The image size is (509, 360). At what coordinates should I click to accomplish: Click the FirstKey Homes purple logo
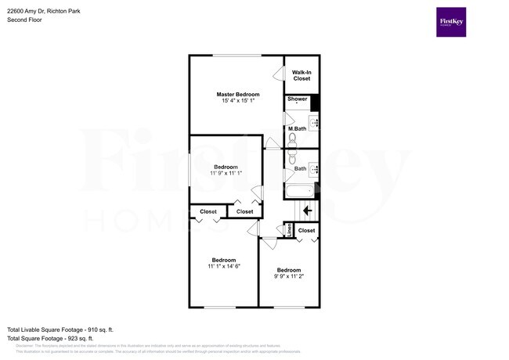450,22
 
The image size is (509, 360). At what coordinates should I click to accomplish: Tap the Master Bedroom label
237,94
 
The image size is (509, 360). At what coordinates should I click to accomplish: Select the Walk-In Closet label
301,75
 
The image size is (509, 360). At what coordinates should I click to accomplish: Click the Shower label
297,99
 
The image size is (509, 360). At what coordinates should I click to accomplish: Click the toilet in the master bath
292,140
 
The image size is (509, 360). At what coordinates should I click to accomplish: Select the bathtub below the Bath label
300,190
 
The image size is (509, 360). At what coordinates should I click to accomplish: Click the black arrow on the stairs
308,210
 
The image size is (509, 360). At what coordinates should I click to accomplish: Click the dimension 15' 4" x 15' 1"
237,102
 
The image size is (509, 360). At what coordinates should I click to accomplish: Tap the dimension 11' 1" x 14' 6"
223,267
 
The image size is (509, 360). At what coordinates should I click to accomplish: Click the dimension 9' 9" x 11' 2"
288,277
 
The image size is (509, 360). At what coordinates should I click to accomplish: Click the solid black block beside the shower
316,103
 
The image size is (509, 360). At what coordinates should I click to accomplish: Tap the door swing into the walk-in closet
277,74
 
